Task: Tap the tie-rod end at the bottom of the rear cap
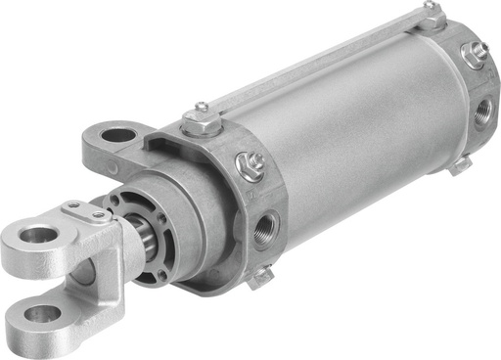point(461,165)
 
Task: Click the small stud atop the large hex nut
point(202,108)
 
